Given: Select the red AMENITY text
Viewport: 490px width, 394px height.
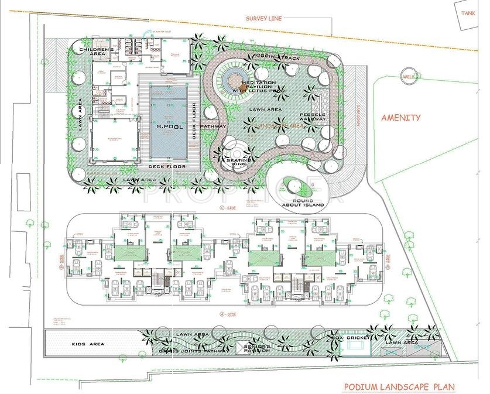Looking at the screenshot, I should [401, 118].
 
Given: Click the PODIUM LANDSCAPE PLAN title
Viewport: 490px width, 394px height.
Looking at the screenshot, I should [399, 387].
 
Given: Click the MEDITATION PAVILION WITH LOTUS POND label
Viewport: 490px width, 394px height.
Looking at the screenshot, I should [256, 87].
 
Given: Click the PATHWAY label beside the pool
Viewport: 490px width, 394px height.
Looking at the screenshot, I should [213, 126].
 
